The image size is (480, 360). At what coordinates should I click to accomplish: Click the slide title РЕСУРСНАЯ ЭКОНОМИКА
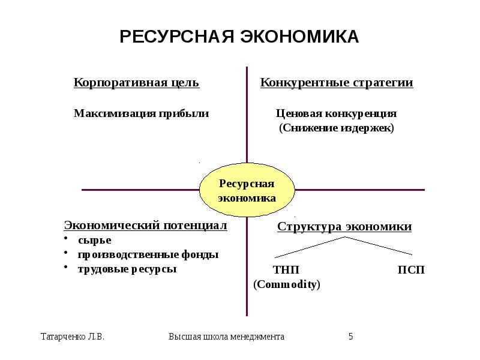click(239, 37)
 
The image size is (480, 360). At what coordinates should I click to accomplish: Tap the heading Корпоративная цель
click(136, 83)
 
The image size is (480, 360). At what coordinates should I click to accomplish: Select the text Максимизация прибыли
click(141, 113)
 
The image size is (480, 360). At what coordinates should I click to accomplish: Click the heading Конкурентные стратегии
click(337, 83)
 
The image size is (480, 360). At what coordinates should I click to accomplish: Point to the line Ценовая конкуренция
click(336, 113)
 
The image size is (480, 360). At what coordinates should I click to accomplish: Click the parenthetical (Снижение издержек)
click(337, 128)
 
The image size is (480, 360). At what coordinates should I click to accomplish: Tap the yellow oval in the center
click(247, 191)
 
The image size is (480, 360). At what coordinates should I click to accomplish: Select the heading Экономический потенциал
click(146, 226)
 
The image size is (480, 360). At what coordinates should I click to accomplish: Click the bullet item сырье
click(95, 240)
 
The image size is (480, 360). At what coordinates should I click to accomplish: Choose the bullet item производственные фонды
click(148, 254)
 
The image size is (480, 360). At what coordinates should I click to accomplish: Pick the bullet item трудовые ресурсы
click(127, 269)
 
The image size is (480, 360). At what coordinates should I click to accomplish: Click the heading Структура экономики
click(344, 227)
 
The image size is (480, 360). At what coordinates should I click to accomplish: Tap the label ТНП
click(286, 270)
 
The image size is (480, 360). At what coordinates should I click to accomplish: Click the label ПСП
click(411, 270)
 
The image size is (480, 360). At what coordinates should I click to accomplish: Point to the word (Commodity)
click(287, 284)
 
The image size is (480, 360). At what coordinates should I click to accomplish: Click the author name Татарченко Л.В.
click(72, 337)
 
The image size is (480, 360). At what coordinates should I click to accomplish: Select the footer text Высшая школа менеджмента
click(226, 337)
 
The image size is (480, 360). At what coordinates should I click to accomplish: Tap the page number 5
click(351, 337)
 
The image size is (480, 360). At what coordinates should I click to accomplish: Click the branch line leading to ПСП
click(378, 245)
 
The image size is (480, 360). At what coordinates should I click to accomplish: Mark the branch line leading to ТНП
click(309, 245)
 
